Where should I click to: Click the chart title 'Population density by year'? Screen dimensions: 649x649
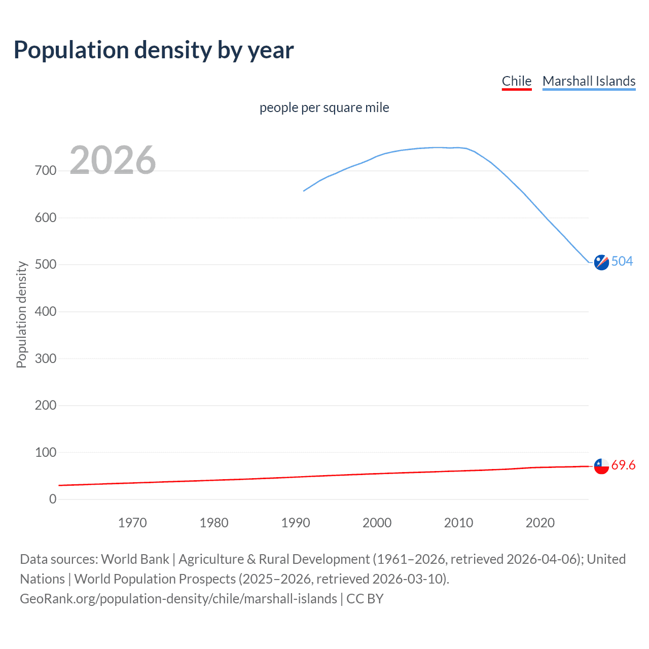pyautogui.click(x=154, y=50)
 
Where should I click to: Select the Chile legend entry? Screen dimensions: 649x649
pyautogui.click(x=516, y=81)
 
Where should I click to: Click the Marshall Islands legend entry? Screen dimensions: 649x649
pyautogui.click(x=589, y=81)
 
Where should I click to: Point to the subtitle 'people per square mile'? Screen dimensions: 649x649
pyautogui.click(x=324, y=108)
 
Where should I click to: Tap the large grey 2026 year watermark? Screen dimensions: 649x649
pyautogui.click(x=113, y=160)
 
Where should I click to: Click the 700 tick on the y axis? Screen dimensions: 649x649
pyautogui.click(x=46, y=171)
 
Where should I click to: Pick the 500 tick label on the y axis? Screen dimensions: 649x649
pyautogui.click(x=46, y=265)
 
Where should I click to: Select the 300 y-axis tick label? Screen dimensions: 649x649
pyautogui.click(x=46, y=358)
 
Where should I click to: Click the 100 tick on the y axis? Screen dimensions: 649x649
pyautogui.click(x=46, y=452)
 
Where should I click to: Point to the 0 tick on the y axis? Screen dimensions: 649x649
pyautogui.click(x=53, y=499)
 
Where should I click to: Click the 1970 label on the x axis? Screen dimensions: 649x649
pyautogui.click(x=132, y=523)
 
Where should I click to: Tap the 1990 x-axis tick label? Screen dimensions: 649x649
pyautogui.click(x=296, y=523)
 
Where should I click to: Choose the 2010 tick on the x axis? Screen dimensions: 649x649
pyautogui.click(x=458, y=523)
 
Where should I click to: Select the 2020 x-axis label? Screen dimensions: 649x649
pyautogui.click(x=540, y=523)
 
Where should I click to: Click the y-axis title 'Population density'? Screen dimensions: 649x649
pyautogui.click(x=21, y=314)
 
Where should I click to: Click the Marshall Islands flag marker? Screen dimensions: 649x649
pyautogui.click(x=601, y=262)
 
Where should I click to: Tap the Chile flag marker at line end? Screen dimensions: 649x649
pyautogui.click(x=601, y=466)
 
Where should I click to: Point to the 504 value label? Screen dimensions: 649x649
pyautogui.click(x=622, y=261)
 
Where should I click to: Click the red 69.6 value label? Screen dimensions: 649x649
pyautogui.click(x=623, y=465)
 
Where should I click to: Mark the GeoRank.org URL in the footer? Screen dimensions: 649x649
pyautogui.click(x=178, y=599)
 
